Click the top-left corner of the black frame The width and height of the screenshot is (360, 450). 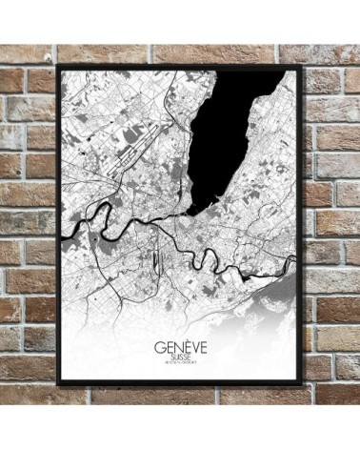pos(60,67)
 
